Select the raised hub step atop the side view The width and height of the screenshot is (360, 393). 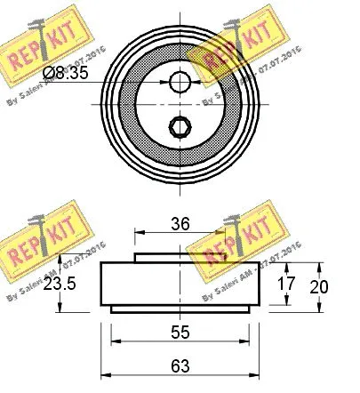[x=181, y=258]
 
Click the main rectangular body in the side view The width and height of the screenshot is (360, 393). [x=181, y=285]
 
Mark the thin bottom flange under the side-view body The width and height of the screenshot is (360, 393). [x=181, y=309]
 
